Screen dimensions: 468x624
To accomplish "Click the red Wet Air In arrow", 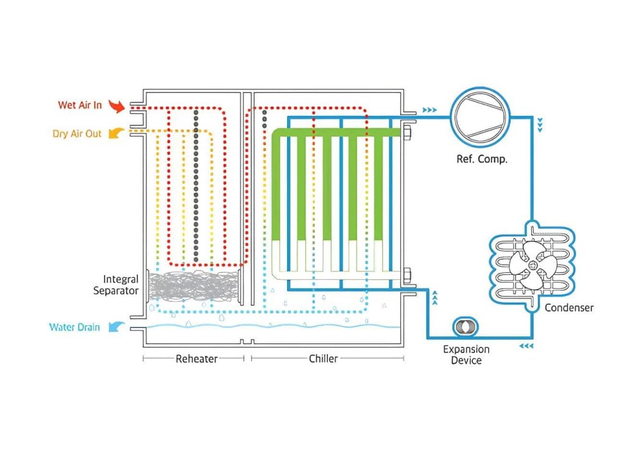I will (x=115, y=107).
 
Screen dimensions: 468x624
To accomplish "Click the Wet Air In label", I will (x=80, y=105).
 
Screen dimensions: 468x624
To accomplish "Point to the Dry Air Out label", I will (x=77, y=133).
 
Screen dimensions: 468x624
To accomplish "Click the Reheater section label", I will (x=196, y=359).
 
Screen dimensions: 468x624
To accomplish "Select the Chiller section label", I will (x=323, y=359).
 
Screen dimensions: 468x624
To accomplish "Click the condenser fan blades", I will (x=531, y=263).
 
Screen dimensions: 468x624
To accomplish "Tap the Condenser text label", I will (x=569, y=308).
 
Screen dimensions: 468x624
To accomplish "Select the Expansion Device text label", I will (x=466, y=355).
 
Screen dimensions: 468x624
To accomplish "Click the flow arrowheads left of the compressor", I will (x=430, y=110).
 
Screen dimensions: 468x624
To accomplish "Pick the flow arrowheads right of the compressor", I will (x=540, y=126).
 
